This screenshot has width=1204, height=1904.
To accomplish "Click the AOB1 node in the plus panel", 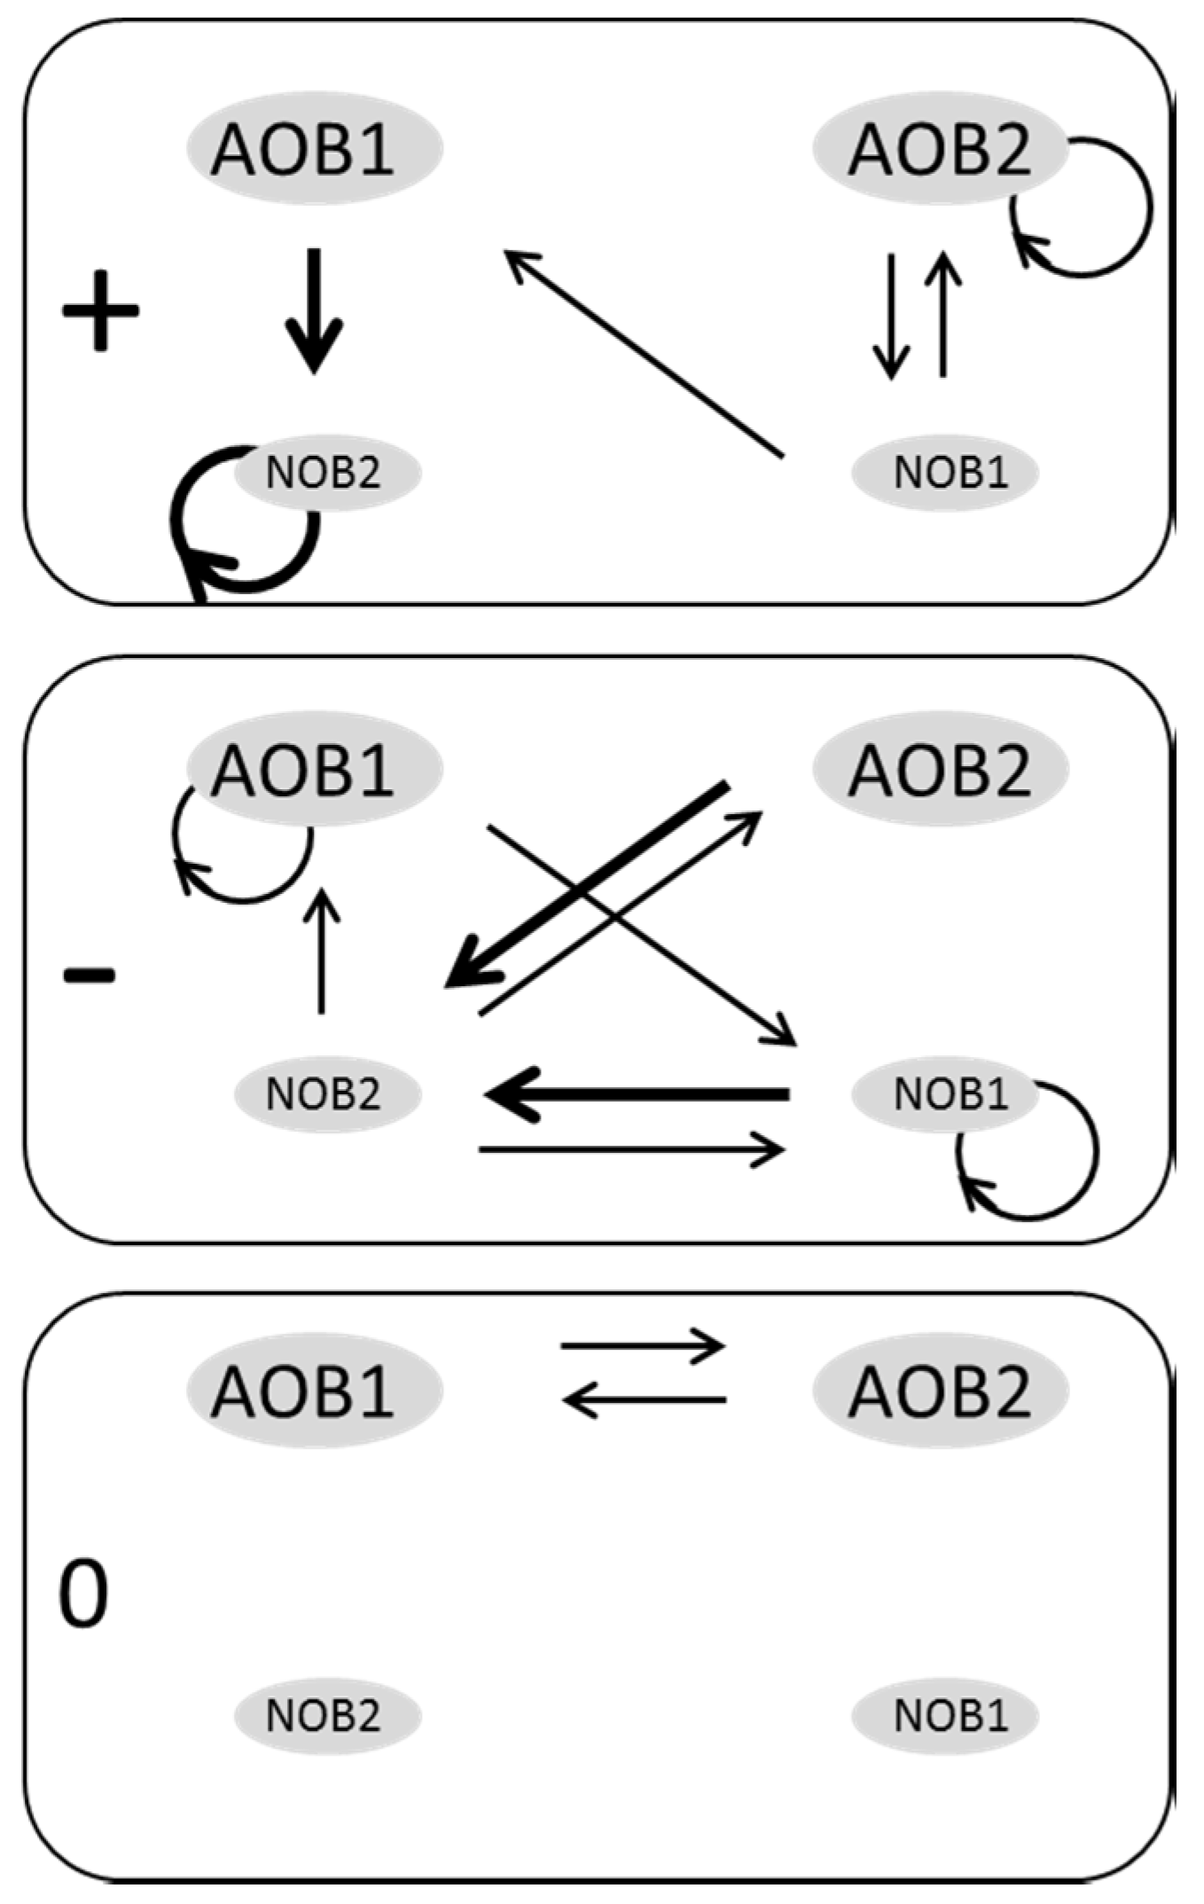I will click(x=314, y=148).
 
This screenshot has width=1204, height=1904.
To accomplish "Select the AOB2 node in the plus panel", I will click(x=940, y=148).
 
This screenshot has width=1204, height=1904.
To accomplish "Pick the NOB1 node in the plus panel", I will click(x=945, y=473).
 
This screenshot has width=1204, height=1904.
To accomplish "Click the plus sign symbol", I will click(x=100, y=310).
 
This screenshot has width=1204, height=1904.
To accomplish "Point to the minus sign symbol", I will click(x=90, y=976).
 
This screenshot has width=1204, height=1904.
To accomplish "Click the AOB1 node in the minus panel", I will click(x=314, y=768).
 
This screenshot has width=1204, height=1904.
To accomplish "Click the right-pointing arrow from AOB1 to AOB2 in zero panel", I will click(x=643, y=1346).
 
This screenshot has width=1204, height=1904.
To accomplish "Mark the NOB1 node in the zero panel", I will click(x=945, y=1715).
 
